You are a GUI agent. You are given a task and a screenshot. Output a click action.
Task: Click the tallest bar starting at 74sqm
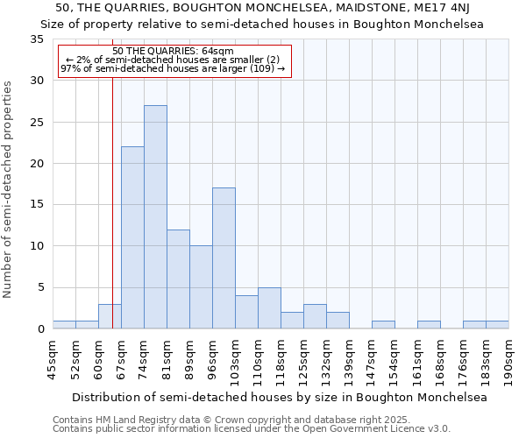point(155,217)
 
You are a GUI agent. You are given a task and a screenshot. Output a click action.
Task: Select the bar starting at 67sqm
point(132,237)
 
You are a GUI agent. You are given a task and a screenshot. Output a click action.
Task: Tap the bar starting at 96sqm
point(224,258)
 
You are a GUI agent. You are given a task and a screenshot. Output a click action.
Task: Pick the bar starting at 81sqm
point(178,279)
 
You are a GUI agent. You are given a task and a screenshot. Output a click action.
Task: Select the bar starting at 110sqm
point(269,308)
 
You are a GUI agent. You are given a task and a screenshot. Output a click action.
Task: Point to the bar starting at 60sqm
point(110,316)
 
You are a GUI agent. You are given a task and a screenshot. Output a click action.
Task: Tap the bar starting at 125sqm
point(315,316)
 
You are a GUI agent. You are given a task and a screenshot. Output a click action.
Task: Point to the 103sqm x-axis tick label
point(236,359)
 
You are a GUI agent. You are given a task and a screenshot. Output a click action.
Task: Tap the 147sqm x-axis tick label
point(373,359)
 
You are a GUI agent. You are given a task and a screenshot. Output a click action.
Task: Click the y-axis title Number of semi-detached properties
point(8,188)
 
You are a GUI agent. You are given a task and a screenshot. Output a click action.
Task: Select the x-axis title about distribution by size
point(281,397)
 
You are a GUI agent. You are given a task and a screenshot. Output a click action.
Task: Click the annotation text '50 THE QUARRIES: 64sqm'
point(174,52)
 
